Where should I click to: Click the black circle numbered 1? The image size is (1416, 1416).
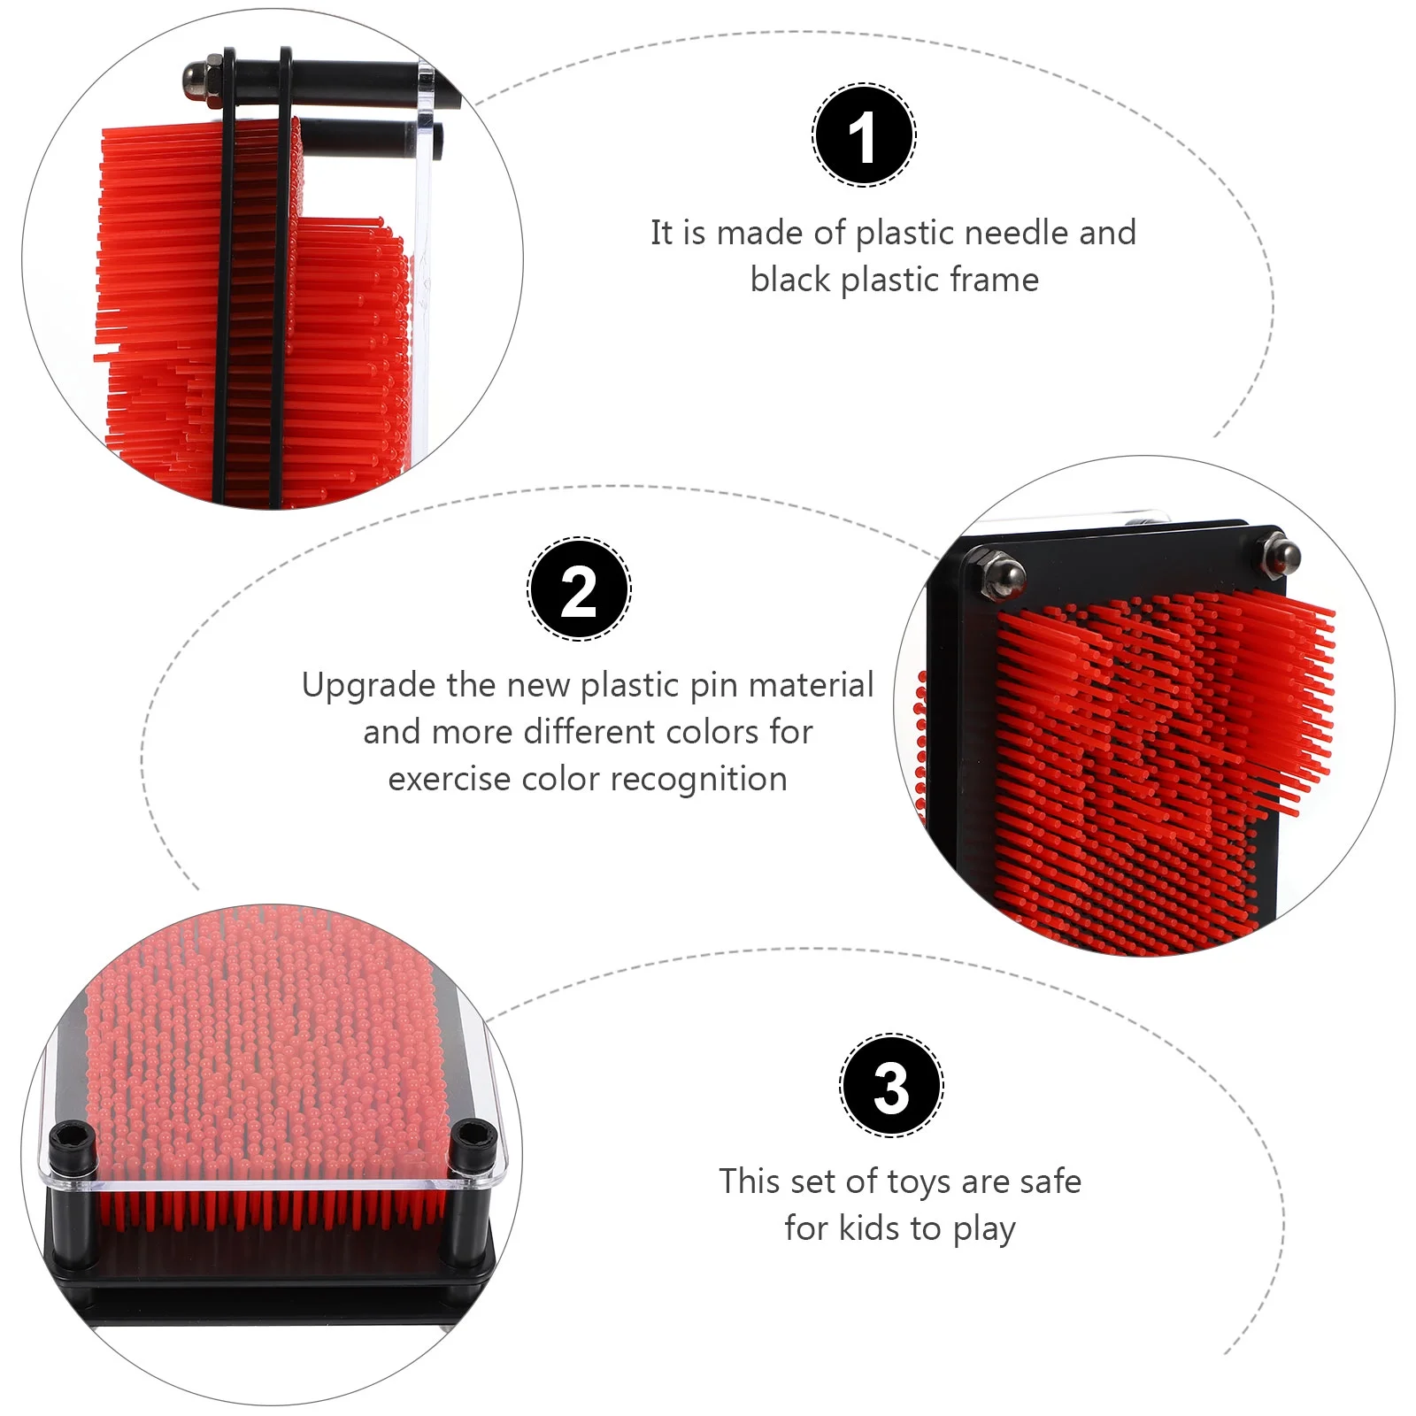click(864, 135)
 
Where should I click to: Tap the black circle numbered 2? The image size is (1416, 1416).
click(579, 589)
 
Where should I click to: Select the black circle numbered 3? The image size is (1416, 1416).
click(891, 1085)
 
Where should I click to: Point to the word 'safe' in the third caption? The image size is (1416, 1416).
click(1048, 1181)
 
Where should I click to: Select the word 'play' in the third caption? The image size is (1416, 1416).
click(984, 1229)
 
